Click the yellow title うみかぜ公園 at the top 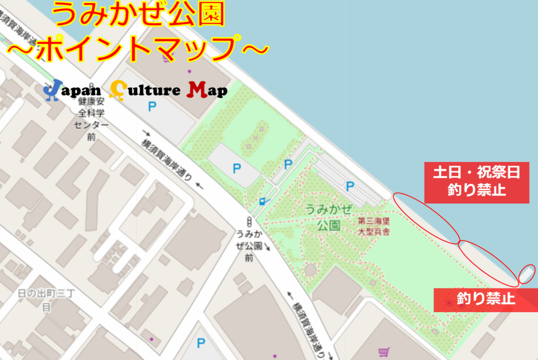pos(139,16)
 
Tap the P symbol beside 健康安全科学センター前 pos(152,107)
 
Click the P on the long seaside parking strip pos(349,185)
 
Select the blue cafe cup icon pos(263,201)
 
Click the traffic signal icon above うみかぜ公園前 pos(249,221)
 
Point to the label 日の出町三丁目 pos(46,300)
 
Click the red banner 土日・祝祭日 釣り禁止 pos(477,182)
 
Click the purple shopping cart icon pos(384,352)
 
